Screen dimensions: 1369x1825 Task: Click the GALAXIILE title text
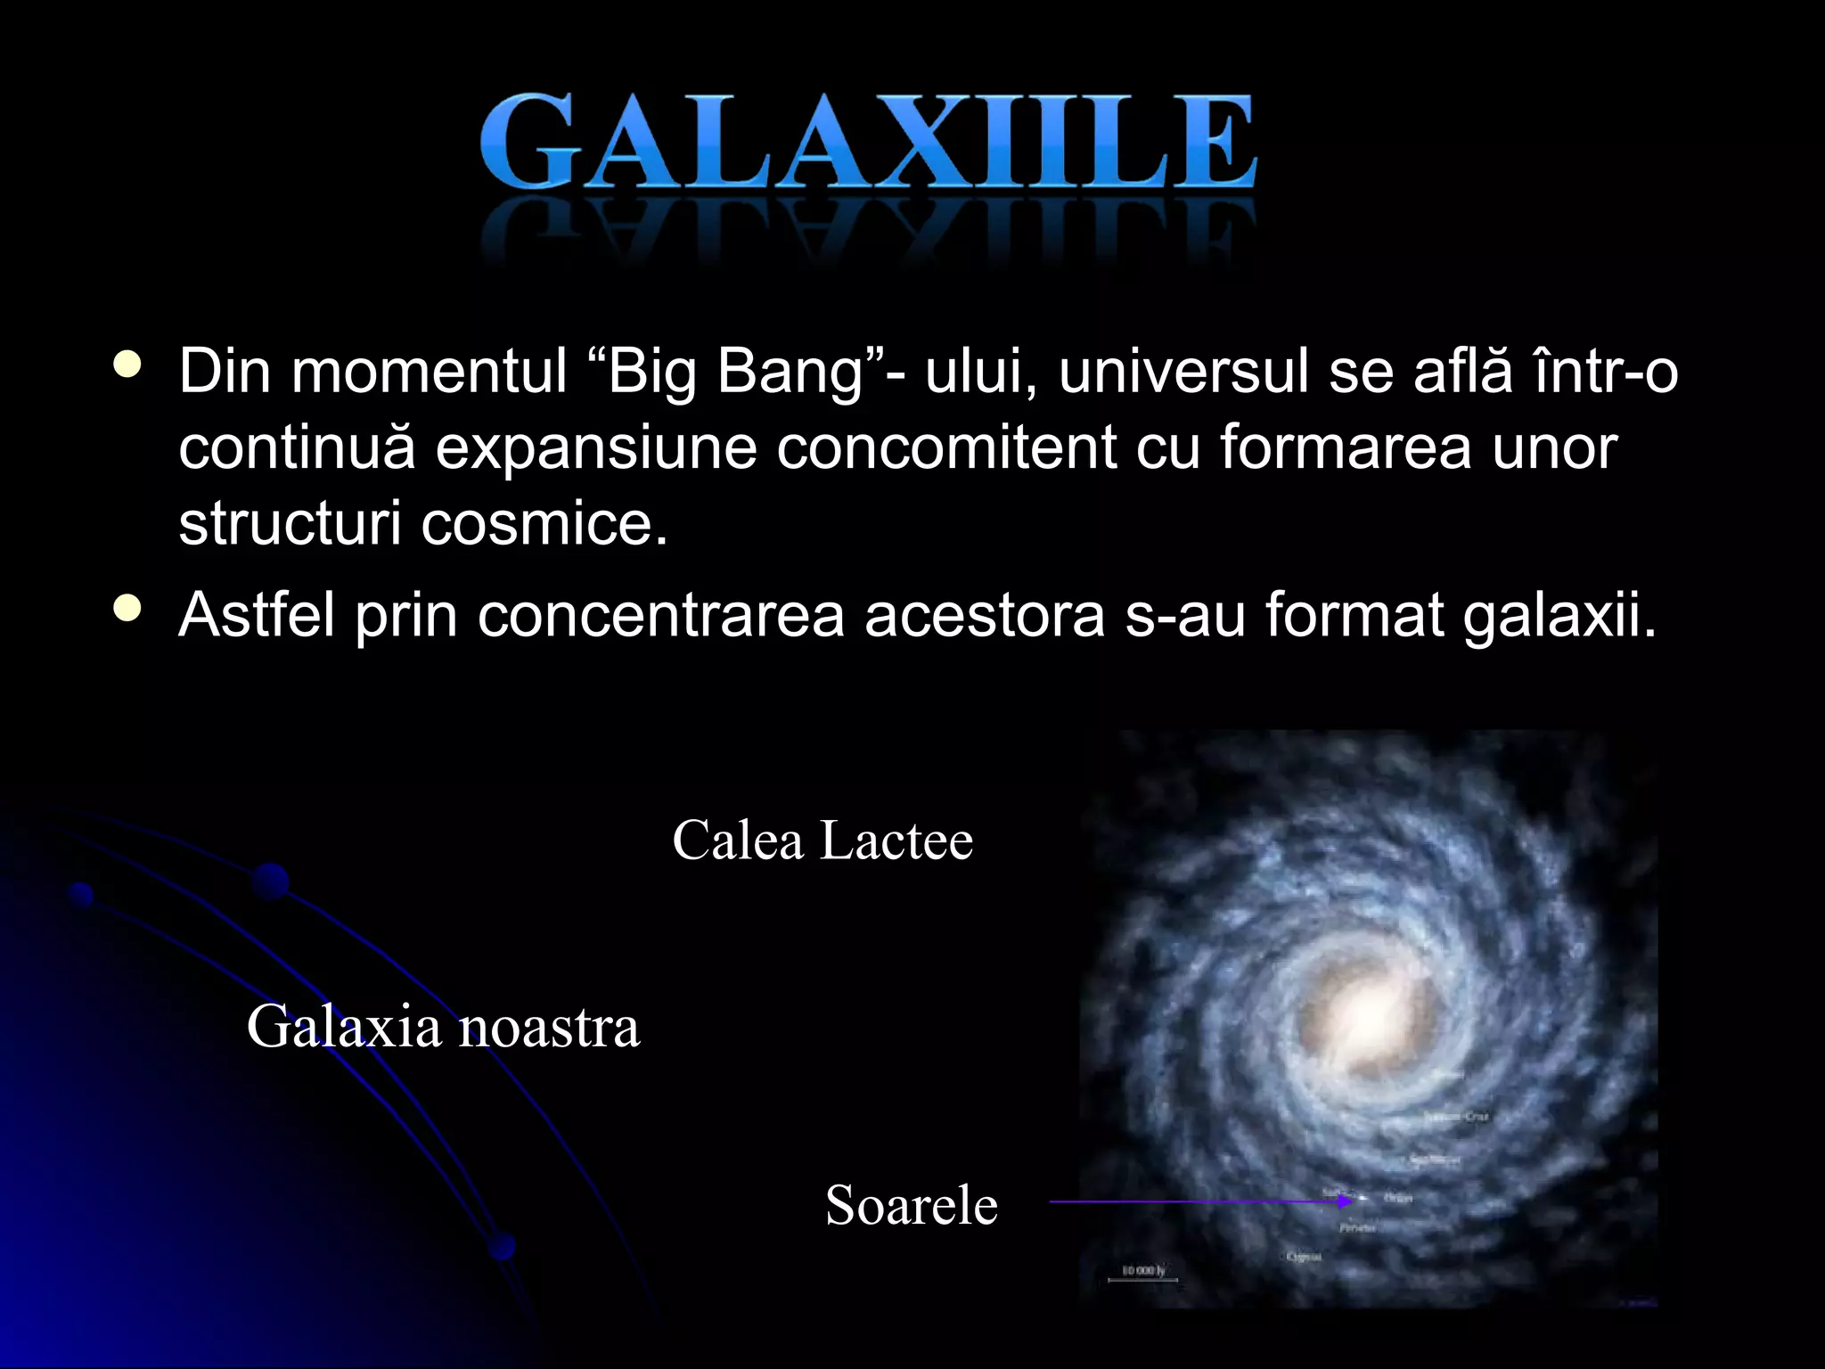867,143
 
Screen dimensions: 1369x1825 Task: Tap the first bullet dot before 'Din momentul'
128,365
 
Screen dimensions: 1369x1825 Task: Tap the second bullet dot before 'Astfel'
128,609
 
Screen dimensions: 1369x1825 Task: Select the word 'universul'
1184,371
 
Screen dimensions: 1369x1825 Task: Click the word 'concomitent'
946,447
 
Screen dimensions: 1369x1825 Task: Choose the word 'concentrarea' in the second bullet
660,615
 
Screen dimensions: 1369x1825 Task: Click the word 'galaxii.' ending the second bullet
1559,615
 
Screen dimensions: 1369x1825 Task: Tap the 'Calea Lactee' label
822,840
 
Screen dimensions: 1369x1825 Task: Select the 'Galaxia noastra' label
443,1026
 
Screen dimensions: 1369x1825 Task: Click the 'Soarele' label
911,1205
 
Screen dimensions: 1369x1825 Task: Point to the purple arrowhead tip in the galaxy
1351,1201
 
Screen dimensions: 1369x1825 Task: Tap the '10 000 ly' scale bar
1142,1271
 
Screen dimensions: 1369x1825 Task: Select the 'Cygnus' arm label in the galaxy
1303,1257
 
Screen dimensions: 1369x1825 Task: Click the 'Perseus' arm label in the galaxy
1357,1228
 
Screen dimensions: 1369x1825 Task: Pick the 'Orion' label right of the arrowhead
1397,1198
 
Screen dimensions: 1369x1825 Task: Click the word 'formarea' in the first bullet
1346,447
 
